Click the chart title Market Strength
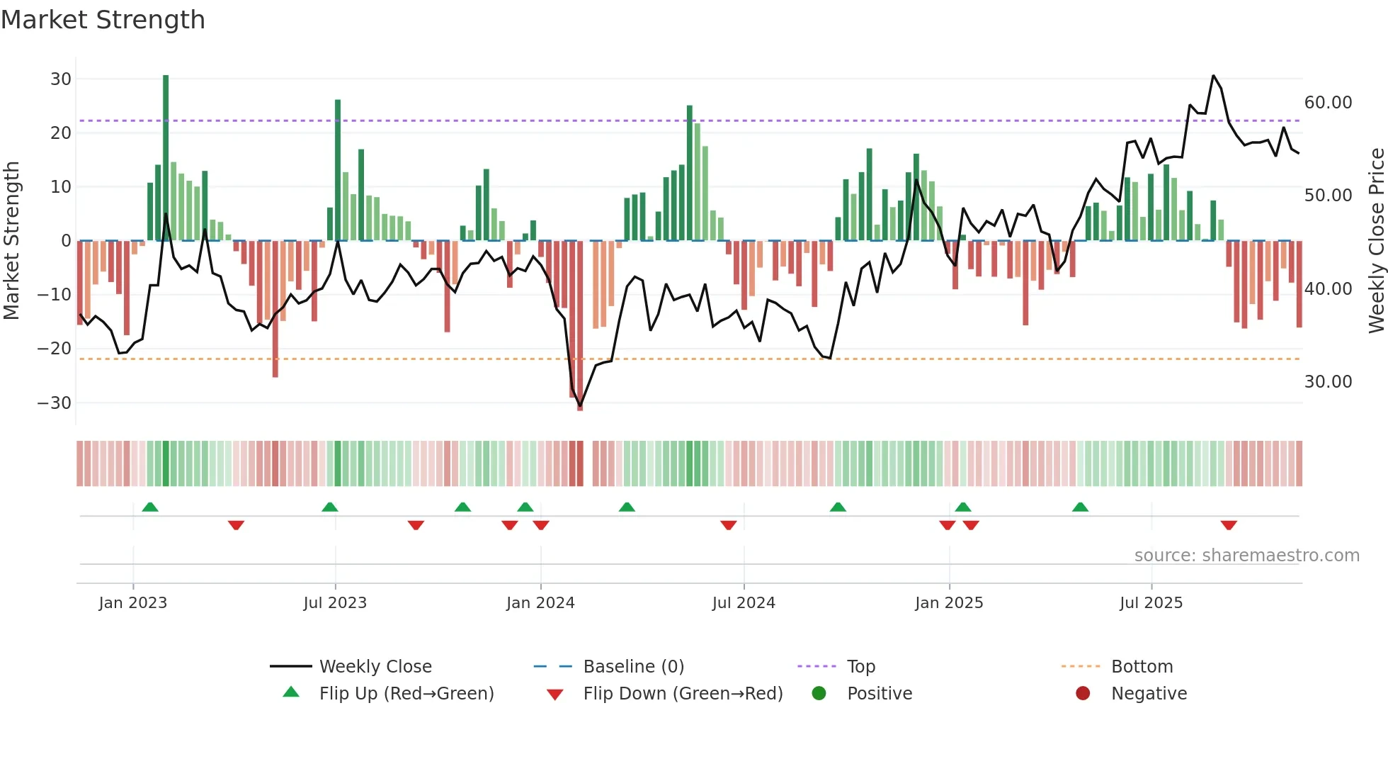(103, 20)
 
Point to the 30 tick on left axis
(61, 79)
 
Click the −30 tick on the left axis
(55, 403)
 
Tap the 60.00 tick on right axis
(1328, 103)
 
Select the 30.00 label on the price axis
(1328, 382)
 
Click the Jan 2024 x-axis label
(540, 603)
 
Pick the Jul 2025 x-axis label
(1151, 603)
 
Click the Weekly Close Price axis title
(1376, 241)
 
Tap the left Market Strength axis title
(11, 241)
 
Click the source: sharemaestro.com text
(1246, 556)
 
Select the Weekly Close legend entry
(375, 667)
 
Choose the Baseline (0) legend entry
(633, 667)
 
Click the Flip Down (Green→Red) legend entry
(682, 694)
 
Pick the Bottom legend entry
(1142, 667)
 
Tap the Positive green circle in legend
(819, 694)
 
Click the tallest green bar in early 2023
(166, 156)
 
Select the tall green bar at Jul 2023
(338, 170)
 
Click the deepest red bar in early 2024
(580, 326)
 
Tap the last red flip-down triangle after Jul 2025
(1229, 525)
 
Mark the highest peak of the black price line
(1213, 76)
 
